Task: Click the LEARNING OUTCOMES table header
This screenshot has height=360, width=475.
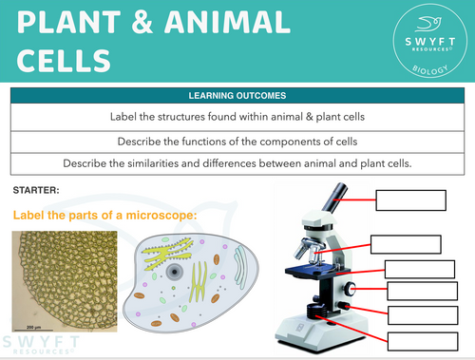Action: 237,96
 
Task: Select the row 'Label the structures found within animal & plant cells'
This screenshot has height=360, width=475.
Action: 237,118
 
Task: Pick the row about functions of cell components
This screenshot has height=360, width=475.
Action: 237,141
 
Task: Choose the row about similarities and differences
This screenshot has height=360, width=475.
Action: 237,162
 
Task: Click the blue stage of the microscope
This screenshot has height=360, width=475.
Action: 319,271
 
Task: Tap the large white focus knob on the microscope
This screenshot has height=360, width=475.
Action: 352,288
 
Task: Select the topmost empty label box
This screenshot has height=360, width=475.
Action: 410,199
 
